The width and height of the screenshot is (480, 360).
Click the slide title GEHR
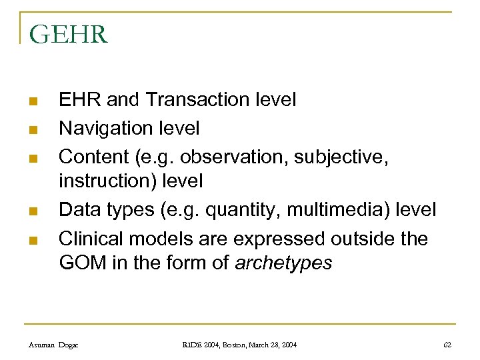(x=69, y=34)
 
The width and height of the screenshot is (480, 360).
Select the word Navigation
(x=103, y=127)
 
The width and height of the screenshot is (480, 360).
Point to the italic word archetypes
(x=283, y=264)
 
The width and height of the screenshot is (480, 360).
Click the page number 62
(x=447, y=345)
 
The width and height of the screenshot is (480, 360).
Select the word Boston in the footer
(x=224, y=345)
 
